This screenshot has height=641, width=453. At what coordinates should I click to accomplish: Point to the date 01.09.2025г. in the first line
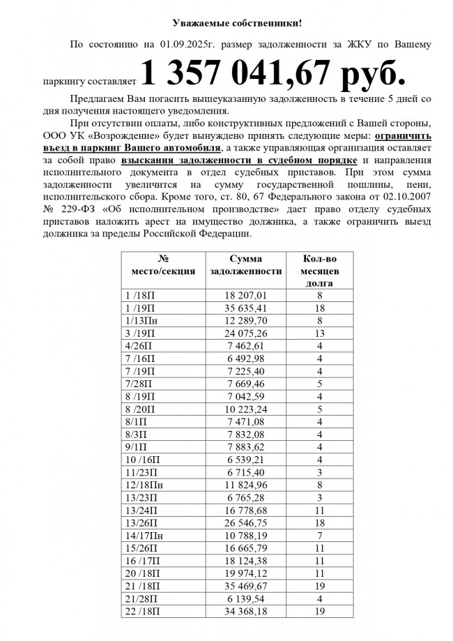point(186,45)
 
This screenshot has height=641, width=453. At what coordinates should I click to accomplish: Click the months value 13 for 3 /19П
point(319,333)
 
